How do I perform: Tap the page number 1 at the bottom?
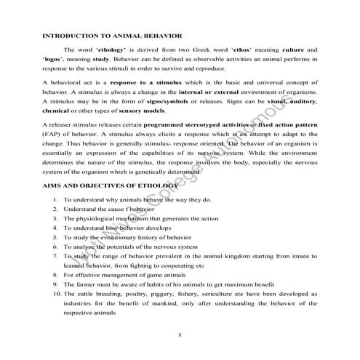pyautogui.click(x=180, y=333)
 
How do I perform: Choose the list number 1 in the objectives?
pyautogui.click(x=56, y=199)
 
